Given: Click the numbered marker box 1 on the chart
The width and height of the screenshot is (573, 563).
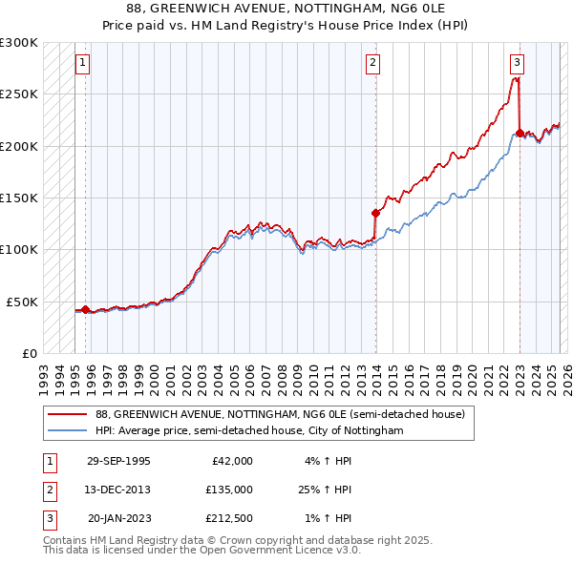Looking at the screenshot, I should point(83,64).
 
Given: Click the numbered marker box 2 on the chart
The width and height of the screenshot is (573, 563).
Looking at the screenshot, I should point(372,64).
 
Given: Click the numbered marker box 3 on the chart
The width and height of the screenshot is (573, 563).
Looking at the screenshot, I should point(517,64).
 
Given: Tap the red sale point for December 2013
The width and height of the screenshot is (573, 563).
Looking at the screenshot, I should point(375,214).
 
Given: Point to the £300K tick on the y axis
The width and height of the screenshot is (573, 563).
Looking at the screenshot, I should point(19,43).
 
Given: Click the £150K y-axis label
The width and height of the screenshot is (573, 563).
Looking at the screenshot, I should point(19,198).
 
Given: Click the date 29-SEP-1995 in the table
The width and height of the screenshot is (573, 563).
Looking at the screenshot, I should point(118,461).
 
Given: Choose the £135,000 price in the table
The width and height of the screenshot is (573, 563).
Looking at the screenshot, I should point(229,490).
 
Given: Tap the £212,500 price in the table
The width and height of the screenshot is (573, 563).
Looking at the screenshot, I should point(229,518).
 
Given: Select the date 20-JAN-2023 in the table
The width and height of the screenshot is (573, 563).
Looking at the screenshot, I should point(118,518).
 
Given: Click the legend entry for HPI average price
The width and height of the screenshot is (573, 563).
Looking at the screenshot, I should point(248,431).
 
